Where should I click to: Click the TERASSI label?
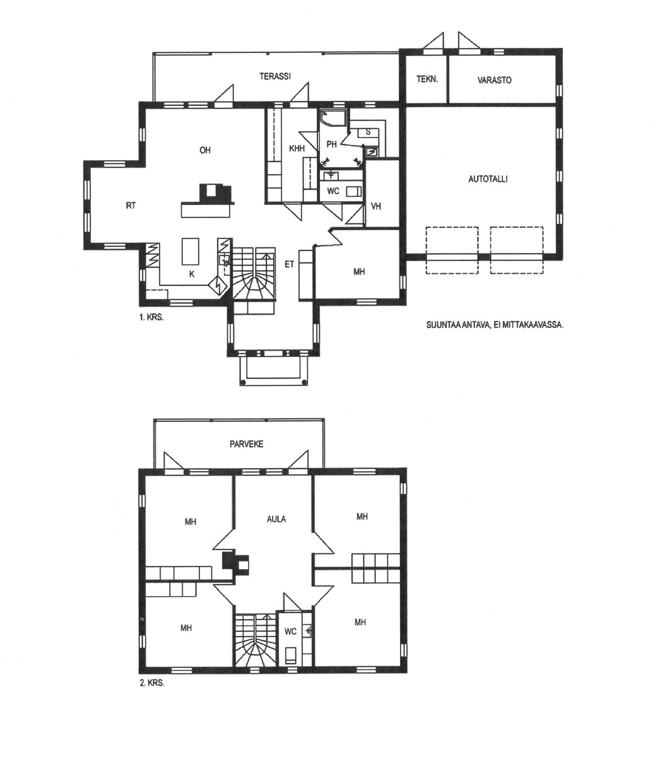pyautogui.click(x=275, y=76)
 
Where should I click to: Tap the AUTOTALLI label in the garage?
pyautogui.click(x=488, y=179)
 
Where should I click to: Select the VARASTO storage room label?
pyautogui.click(x=494, y=80)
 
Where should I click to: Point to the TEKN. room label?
pyautogui.click(x=427, y=79)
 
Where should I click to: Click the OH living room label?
pyautogui.click(x=205, y=150)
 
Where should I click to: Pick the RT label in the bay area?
pyautogui.click(x=131, y=206)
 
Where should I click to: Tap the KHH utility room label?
pyautogui.click(x=297, y=148)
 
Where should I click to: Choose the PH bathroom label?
pyautogui.click(x=331, y=144)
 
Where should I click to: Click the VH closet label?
pyautogui.click(x=376, y=206)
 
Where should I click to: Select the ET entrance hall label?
pyautogui.click(x=290, y=264)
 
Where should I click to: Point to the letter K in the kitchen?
pyautogui.click(x=192, y=274)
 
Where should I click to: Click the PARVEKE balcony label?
pyautogui.click(x=246, y=444)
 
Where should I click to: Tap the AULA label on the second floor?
pyautogui.click(x=276, y=519)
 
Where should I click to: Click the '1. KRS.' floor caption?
pyautogui.click(x=151, y=317)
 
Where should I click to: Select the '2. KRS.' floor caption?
pyautogui.click(x=151, y=683)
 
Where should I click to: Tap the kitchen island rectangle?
pyautogui.click(x=190, y=252)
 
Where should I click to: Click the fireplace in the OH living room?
pyautogui.click(x=216, y=193)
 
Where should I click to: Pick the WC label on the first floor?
pyautogui.click(x=333, y=191)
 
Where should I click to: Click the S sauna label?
pyautogui.click(x=368, y=132)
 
